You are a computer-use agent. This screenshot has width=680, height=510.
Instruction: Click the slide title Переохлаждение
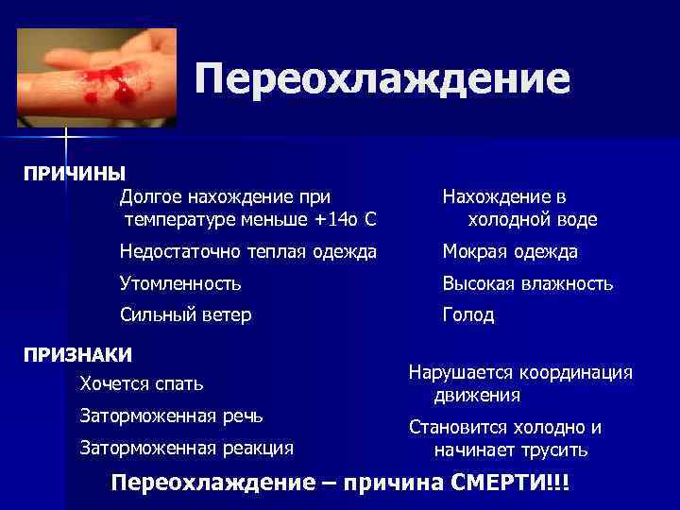click(382, 79)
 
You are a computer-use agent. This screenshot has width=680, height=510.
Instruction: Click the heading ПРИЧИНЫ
click(75, 174)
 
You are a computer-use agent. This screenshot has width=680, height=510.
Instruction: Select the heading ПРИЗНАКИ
click(77, 355)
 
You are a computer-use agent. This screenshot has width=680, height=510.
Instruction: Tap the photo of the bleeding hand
click(96, 77)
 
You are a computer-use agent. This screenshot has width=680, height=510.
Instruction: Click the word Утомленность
click(180, 283)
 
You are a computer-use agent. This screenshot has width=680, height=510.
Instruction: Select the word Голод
click(468, 315)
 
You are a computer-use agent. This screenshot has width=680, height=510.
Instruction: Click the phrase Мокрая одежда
click(511, 252)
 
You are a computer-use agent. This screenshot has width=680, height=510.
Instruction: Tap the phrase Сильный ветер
click(185, 315)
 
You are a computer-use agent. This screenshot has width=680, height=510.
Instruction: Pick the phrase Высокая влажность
click(529, 283)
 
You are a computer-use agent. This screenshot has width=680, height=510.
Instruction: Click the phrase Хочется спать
click(142, 384)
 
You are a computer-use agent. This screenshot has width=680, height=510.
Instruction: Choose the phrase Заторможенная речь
click(172, 416)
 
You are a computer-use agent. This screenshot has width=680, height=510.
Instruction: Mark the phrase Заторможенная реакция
click(187, 447)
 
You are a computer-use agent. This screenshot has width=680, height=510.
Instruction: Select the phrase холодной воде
click(533, 220)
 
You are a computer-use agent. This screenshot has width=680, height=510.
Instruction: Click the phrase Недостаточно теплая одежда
click(247, 252)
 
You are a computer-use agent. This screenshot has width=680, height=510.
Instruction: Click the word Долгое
click(151, 197)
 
